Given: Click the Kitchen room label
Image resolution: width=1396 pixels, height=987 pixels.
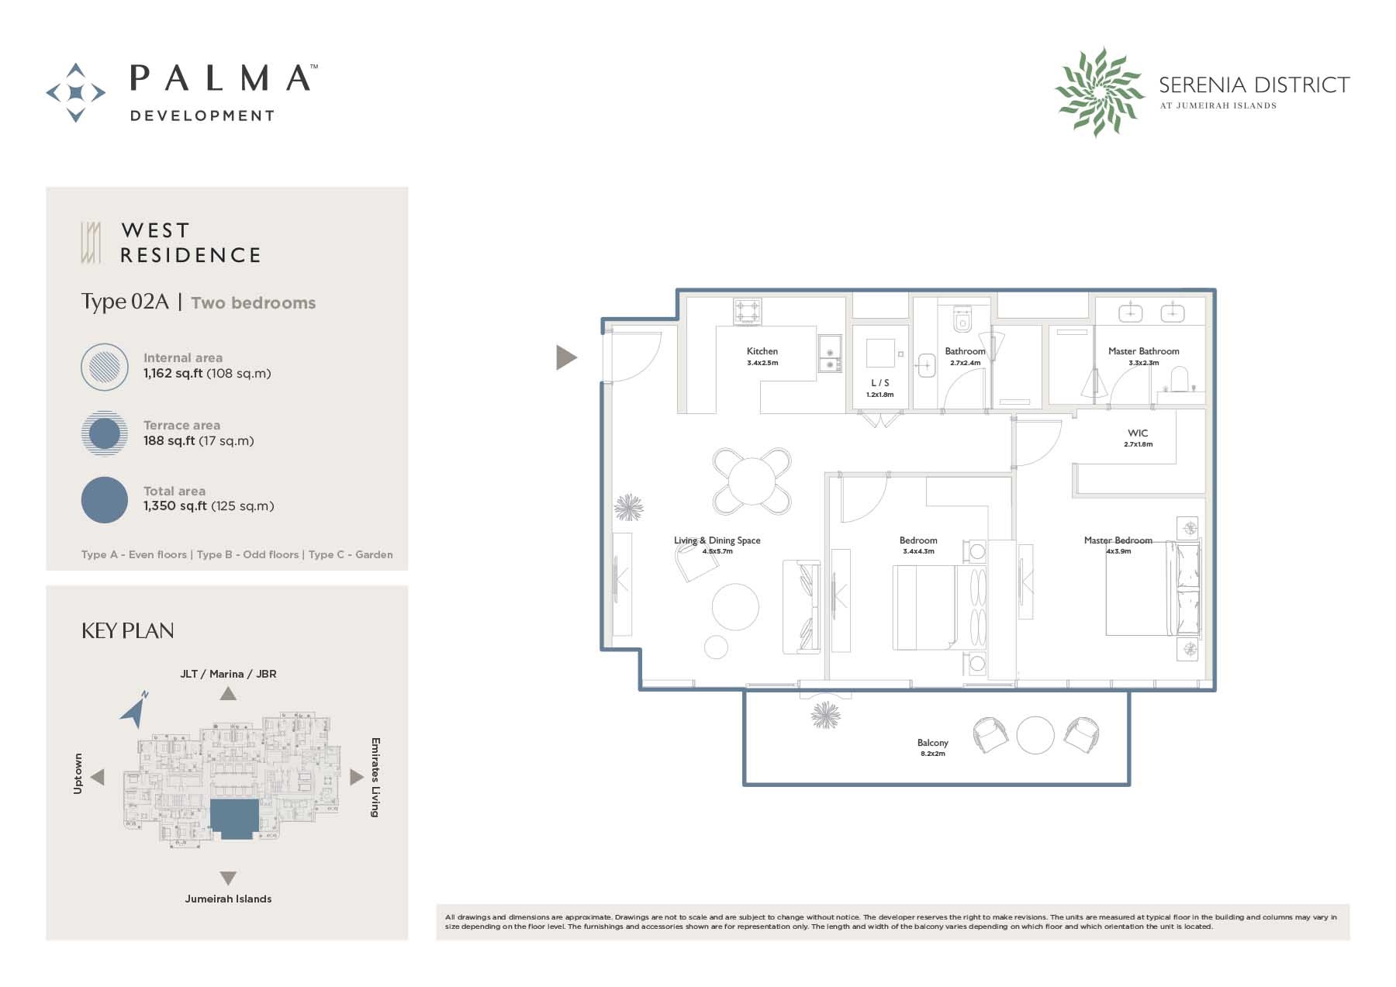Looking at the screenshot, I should tap(762, 351).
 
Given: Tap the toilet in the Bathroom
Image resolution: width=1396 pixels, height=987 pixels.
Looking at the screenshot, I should tap(962, 319).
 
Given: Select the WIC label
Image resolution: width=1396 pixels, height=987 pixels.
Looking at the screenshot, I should tap(1138, 433).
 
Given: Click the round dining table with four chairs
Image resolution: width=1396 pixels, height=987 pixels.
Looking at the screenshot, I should tap(752, 481).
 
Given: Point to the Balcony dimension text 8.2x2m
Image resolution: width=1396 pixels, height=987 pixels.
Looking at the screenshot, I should tap(932, 754).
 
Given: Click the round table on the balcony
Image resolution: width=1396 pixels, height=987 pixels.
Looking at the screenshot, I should tap(1035, 734).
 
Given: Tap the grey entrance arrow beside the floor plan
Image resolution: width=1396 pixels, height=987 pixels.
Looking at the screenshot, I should tap(566, 357).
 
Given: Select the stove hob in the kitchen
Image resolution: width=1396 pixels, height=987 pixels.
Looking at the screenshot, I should tap(748, 312).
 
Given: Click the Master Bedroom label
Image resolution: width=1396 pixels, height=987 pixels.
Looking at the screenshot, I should tap(1118, 540).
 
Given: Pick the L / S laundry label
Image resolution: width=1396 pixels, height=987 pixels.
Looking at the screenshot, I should tap(879, 383).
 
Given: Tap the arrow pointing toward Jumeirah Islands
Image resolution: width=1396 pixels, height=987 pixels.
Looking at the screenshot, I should tap(227, 878).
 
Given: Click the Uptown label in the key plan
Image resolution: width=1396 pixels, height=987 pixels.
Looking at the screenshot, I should tap(78, 773).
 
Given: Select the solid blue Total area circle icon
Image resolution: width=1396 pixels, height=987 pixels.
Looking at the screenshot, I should tap(105, 500).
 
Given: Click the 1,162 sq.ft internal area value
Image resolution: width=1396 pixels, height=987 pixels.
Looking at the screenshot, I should tap(172, 374).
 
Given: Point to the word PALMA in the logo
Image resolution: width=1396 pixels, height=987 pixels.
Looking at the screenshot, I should tap(220, 78).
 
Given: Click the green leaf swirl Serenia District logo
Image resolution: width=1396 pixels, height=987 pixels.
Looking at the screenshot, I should tap(1098, 91).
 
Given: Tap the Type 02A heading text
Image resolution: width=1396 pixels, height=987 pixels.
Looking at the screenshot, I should tap(125, 302).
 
